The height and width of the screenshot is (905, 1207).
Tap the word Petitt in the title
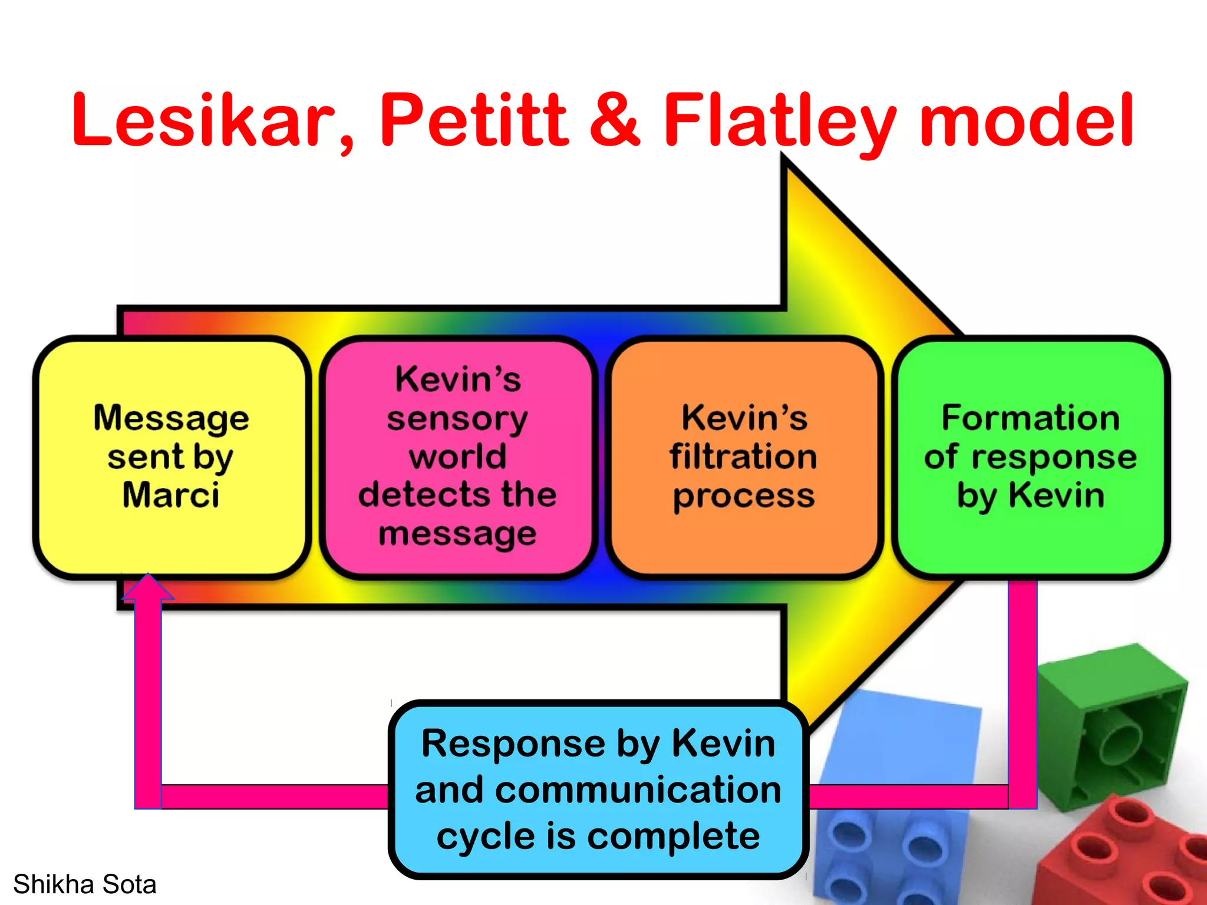pyautogui.click(x=474, y=121)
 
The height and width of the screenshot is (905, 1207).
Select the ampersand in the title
pyautogui.click(x=615, y=121)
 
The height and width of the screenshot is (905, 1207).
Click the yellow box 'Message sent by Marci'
pyautogui.click(x=172, y=457)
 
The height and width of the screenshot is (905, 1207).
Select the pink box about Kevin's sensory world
pyautogui.click(x=457, y=457)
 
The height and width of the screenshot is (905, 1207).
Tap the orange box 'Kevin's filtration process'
pyautogui.click(x=744, y=457)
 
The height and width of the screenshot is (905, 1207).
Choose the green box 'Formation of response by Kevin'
pyautogui.click(x=1030, y=457)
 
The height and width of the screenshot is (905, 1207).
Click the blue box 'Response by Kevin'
pyautogui.click(x=598, y=790)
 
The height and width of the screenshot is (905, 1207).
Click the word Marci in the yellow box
pyautogui.click(x=171, y=495)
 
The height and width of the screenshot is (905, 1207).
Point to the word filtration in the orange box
pyautogui.click(x=744, y=457)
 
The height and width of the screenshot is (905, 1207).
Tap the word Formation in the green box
pyautogui.click(x=1030, y=418)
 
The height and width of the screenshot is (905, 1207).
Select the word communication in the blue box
pyautogui.click(x=598, y=790)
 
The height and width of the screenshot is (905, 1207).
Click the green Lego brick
pyautogui.click(x=1114, y=725)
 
